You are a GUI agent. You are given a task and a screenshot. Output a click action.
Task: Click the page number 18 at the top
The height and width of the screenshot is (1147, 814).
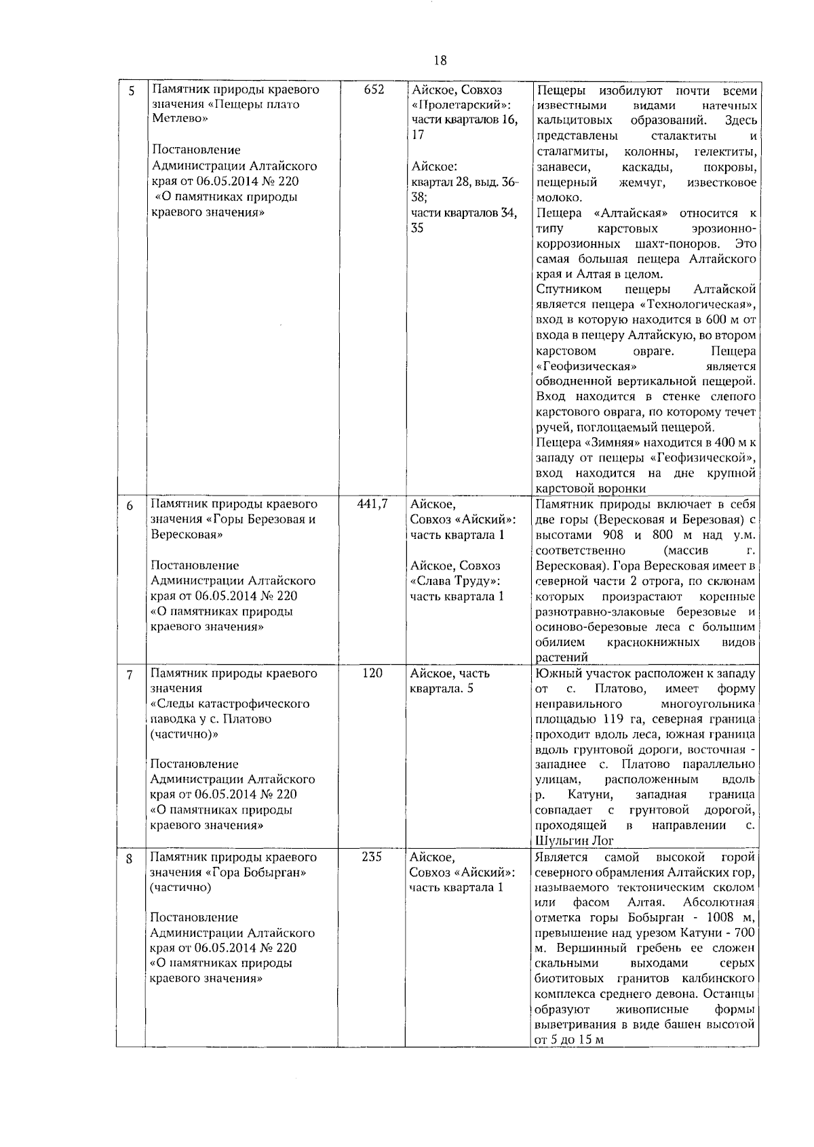[x=440, y=60]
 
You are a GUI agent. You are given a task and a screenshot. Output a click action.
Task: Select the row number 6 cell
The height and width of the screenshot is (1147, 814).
[x=131, y=506]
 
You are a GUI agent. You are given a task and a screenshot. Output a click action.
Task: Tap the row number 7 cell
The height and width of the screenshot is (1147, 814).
[x=131, y=675]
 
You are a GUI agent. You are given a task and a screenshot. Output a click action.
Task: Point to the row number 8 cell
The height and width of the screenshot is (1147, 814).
[x=131, y=858]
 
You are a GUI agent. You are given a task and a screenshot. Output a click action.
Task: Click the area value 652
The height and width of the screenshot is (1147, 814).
[x=374, y=90]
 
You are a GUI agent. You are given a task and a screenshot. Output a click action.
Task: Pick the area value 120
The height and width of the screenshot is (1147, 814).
[x=372, y=673]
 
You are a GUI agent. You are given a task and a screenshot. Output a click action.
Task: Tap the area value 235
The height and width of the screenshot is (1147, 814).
[x=372, y=856]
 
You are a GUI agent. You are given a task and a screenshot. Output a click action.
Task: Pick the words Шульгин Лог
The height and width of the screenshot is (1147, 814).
[x=565, y=841]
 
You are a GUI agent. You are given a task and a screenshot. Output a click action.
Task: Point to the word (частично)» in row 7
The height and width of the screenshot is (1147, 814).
[x=180, y=734]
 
